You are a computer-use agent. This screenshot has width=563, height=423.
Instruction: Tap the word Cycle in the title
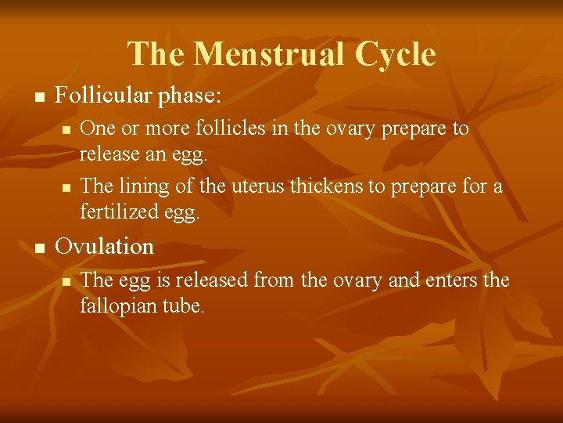[x=395, y=54]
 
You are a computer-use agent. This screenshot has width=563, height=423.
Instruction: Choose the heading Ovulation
[x=105, y=246]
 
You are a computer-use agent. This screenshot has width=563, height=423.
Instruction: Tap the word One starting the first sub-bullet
[x=97, y=128]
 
